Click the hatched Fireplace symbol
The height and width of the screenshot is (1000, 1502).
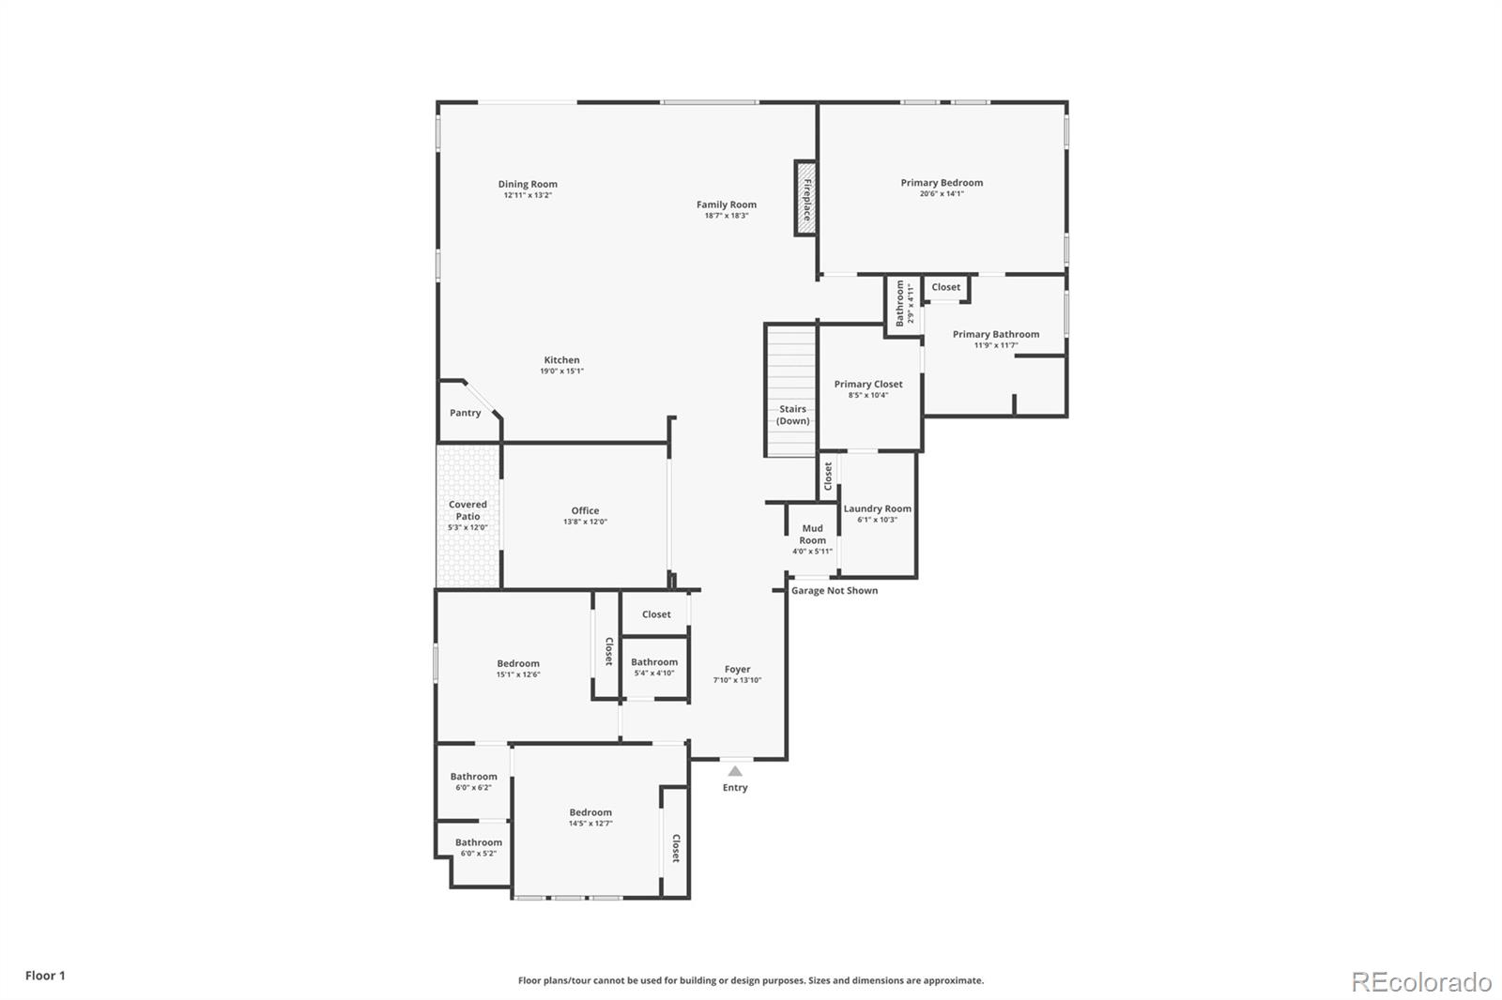805,198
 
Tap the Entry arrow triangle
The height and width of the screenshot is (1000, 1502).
735,771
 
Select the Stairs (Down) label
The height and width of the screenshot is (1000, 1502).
792,415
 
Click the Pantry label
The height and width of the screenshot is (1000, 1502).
465,413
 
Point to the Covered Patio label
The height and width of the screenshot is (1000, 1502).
467,510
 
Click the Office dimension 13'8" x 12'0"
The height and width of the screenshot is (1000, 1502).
585,522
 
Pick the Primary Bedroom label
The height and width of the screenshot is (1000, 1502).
942,183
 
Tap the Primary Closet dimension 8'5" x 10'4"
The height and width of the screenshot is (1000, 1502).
867,395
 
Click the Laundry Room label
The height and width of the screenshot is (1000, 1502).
877,508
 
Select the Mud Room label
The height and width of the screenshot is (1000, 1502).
812,534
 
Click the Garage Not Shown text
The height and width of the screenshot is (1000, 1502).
835,590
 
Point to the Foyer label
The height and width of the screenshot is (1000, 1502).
737,669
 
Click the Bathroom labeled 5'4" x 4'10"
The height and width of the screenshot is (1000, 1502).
654,661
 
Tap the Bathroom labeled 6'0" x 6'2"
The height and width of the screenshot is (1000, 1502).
473,776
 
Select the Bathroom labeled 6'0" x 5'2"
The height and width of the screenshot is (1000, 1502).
479,842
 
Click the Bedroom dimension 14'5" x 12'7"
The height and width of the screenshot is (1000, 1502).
590,824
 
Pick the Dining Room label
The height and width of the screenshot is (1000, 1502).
528,184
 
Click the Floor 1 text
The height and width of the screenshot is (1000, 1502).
45,976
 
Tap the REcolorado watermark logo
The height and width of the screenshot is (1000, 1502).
1421,982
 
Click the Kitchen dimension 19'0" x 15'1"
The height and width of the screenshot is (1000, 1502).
561,371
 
